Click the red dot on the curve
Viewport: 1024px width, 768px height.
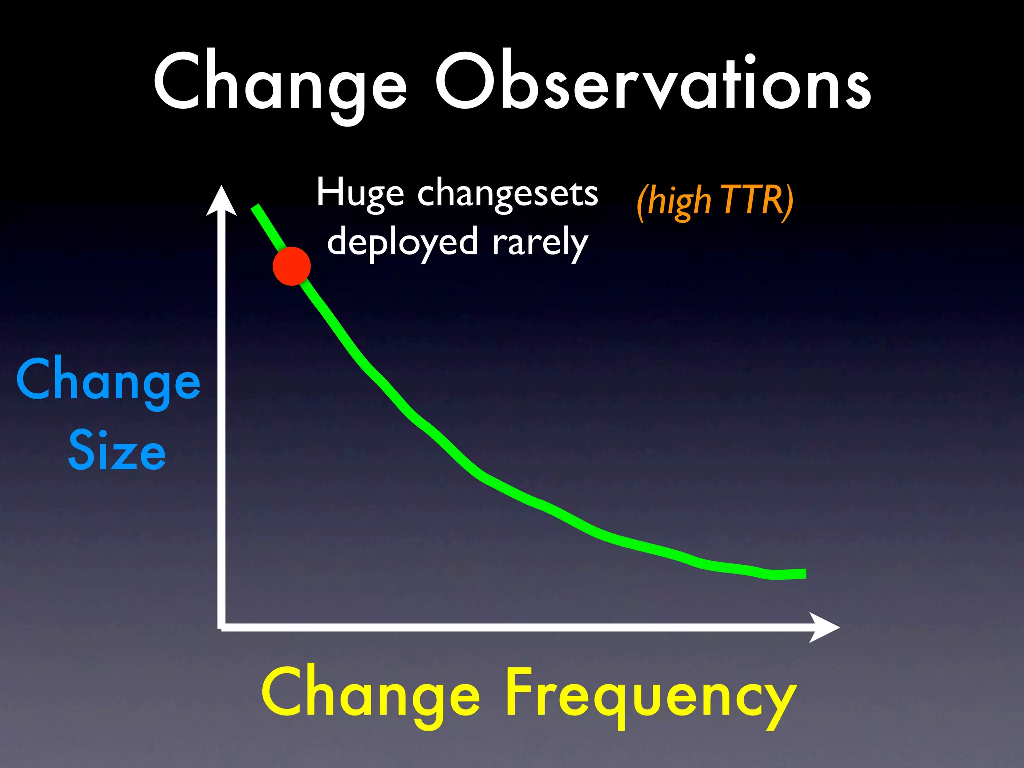point(292,266)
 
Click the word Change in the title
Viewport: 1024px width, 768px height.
point(280,82)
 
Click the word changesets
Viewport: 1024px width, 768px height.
point(507,194)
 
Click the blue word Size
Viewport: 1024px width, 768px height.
point(117,451)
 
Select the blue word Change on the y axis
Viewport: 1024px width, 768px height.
point(108,381)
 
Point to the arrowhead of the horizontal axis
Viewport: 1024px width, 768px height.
point(825,627)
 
